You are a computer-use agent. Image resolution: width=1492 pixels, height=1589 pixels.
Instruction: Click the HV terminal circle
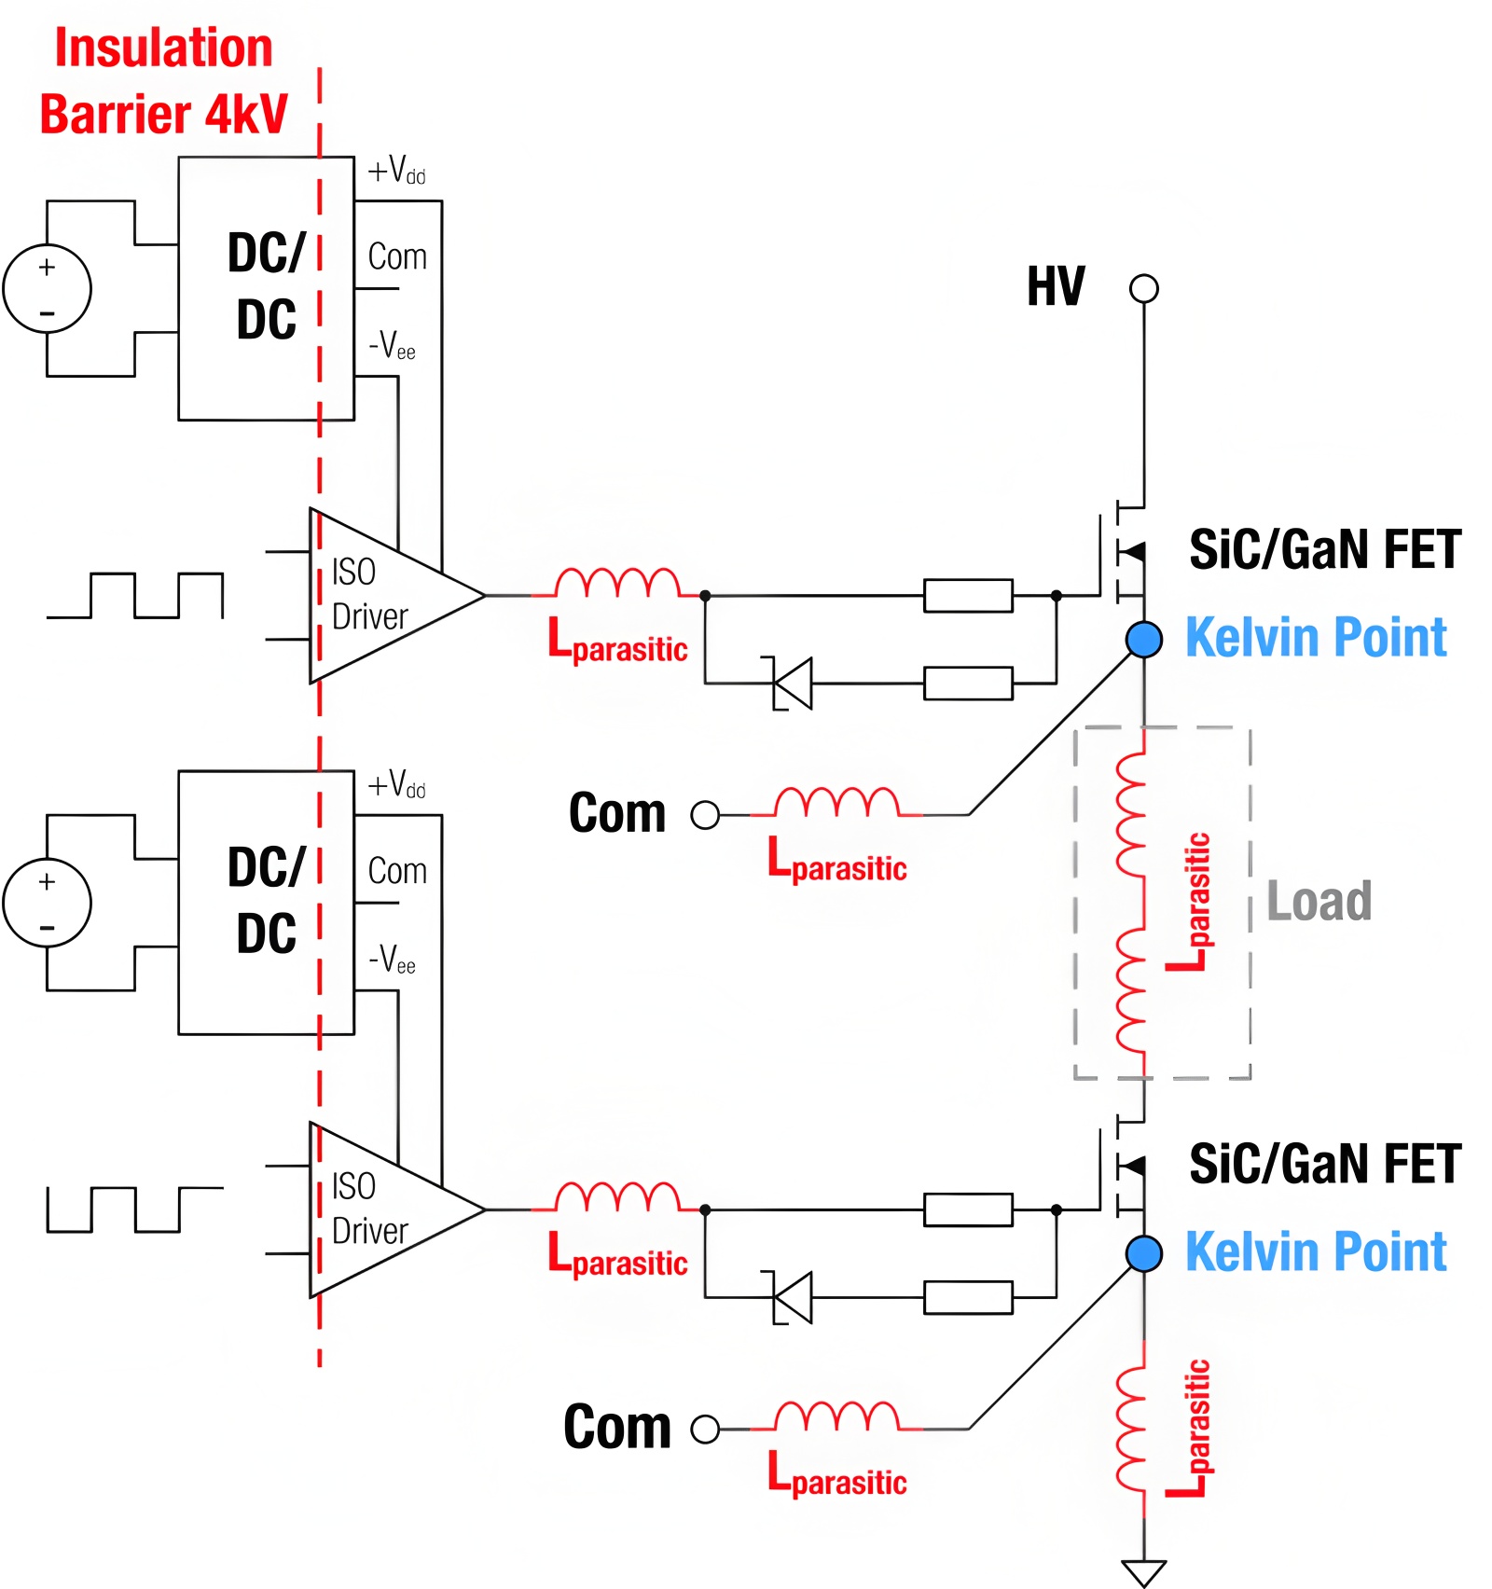click(1143, 288)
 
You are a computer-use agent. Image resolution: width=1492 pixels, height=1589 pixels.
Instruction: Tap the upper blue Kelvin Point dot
click(1143, 639)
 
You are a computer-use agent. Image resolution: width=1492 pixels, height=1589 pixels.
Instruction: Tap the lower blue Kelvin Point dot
click(1143, 1253)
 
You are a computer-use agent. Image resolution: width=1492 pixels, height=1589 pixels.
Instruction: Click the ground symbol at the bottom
click(1143, 1571)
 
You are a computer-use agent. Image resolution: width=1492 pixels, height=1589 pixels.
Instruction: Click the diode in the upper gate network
click(793, 684)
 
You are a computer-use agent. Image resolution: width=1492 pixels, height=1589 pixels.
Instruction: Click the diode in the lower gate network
click(793, 1298)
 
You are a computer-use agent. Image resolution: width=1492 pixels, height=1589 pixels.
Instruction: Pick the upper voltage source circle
click(48, 288)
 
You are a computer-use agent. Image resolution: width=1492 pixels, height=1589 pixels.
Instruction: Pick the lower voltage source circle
click(48, 903)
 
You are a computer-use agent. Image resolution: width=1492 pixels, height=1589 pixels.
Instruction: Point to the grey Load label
click(1319, 901)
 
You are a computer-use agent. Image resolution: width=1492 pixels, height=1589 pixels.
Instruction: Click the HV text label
click(1056, 286)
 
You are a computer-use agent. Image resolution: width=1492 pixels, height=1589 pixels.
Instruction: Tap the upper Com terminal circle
click(705, 815)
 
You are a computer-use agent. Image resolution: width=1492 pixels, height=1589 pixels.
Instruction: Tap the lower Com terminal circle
click(705, 1429)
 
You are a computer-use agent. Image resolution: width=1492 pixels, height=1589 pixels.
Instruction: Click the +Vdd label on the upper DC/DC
click(396, 172)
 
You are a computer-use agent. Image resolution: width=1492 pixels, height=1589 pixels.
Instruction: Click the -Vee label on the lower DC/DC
click(392, 960)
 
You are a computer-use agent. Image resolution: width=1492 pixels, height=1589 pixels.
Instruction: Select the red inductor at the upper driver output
click(617, 583)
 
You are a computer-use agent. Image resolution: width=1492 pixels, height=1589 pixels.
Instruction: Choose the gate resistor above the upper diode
click(968, 595)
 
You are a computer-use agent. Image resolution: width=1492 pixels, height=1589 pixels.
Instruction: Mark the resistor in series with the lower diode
click(968, 1298)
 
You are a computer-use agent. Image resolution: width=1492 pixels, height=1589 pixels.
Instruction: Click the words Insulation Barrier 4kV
click(164, 81)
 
